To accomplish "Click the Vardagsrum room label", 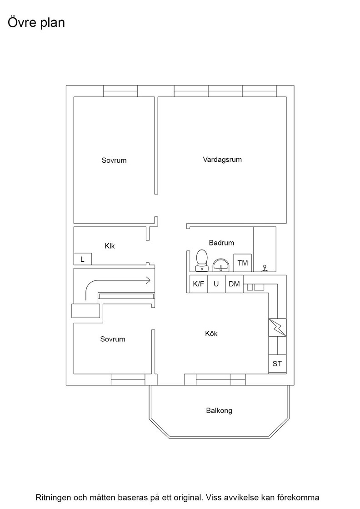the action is click(x=222, y=160).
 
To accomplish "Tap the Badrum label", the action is click(x=221, y=243).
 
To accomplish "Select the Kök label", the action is click(x=211, y=334).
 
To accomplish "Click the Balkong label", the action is click(x=219, y=410).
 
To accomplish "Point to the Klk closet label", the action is click(x=110, y=246).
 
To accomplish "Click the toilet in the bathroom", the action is click(x=202, y=260).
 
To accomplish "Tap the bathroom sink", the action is click(x=221, y=265).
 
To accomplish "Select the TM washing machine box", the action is click(x=242, y=263).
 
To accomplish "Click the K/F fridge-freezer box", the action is click(x=198, y=284).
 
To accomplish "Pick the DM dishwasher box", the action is click(x=234, y=284).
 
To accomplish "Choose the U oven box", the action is click(x=216, y=284).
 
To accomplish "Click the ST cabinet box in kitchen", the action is click(x=277, y=364).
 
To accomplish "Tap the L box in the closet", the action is click(x=82, y=259).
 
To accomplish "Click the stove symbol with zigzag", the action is click(x=277, y=328).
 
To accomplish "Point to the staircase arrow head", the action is click(x=148, y=280).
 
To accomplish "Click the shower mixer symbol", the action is click(x=265, y=268).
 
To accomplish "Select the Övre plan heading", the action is click(x=36, y=23).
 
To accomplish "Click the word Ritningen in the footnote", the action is click(x=53, y=497).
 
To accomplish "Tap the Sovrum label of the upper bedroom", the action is click(x=114, y=160).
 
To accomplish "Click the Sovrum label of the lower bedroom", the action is click(x=112, y=339).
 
